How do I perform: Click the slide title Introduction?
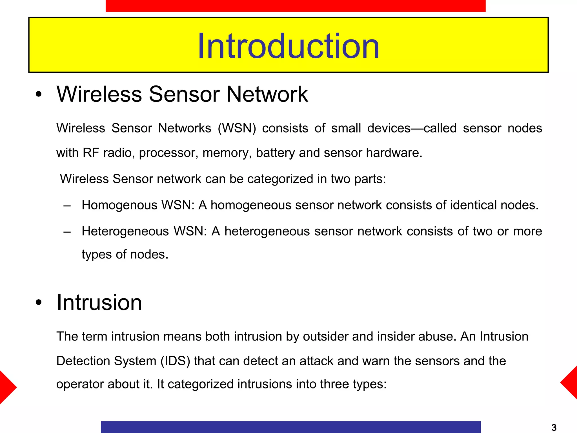(x=288, y=46)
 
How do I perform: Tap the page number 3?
(x=554, y=427)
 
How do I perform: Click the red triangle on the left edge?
(x=7, y=387)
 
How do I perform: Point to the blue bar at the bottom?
(x=290, y=427)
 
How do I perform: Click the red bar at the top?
(x=295, y=6)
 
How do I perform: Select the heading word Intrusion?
(x=99, y=302)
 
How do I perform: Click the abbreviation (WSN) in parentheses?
(x=237, y=128)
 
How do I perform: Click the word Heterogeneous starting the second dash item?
(x=125, y=231)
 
